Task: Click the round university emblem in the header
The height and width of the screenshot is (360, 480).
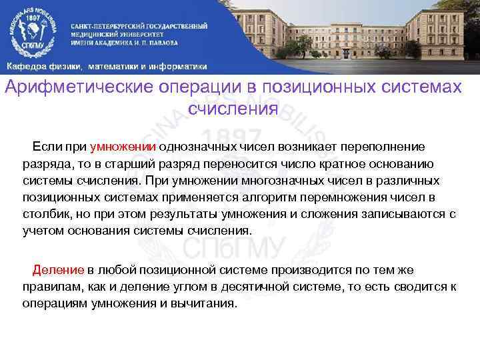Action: (x=33, y=31)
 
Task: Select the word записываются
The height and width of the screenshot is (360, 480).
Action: (x=385, y=215)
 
